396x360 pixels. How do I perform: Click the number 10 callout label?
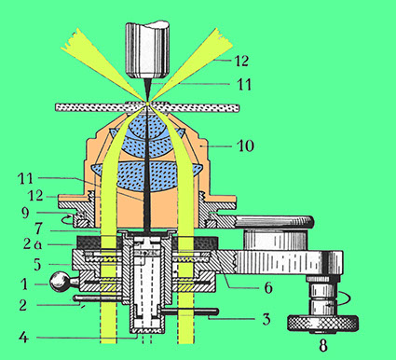pos(245,145)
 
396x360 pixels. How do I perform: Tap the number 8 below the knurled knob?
pos(323,345)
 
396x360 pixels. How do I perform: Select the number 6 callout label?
pos(268,288)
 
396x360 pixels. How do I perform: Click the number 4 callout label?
pos(37,264)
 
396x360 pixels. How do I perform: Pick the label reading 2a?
pos(33,244)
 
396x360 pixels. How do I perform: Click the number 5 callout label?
pos(37,264)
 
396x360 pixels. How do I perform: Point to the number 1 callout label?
pos(24,284)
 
